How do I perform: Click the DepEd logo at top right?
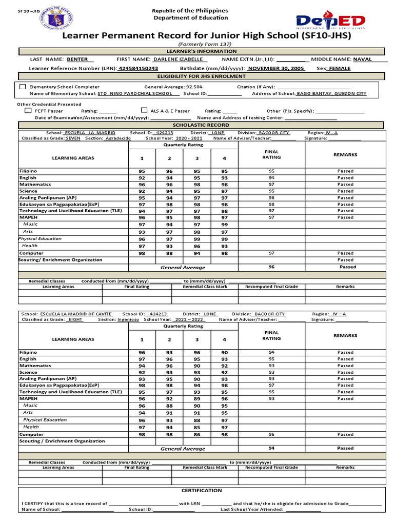tap(330, 22)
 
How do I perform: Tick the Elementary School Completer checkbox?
tap(23, 87)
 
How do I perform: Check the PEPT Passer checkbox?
tap(28, 110)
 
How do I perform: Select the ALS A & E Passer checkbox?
tap(144, 110)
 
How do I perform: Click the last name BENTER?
tap(77, 59)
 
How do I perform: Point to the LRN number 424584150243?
tap(138, 68)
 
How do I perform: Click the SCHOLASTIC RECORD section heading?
tap(201, 125)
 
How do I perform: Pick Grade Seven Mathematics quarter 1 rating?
tap(142, 185)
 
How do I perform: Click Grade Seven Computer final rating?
tap(271, 253)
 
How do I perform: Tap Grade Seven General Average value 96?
tap(271, 267)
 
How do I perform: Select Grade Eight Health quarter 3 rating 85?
tap(196, 427)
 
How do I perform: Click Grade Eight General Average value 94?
tap(271, 448)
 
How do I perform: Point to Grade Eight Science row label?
tap(28, 372)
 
